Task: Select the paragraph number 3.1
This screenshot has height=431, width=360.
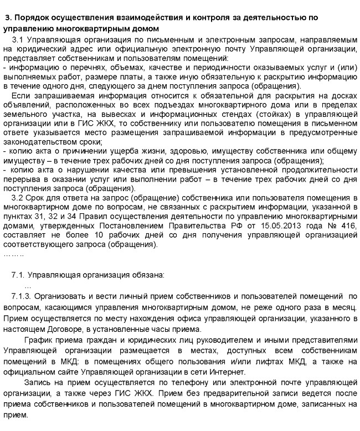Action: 18,40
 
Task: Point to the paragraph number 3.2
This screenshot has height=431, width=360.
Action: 18,198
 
